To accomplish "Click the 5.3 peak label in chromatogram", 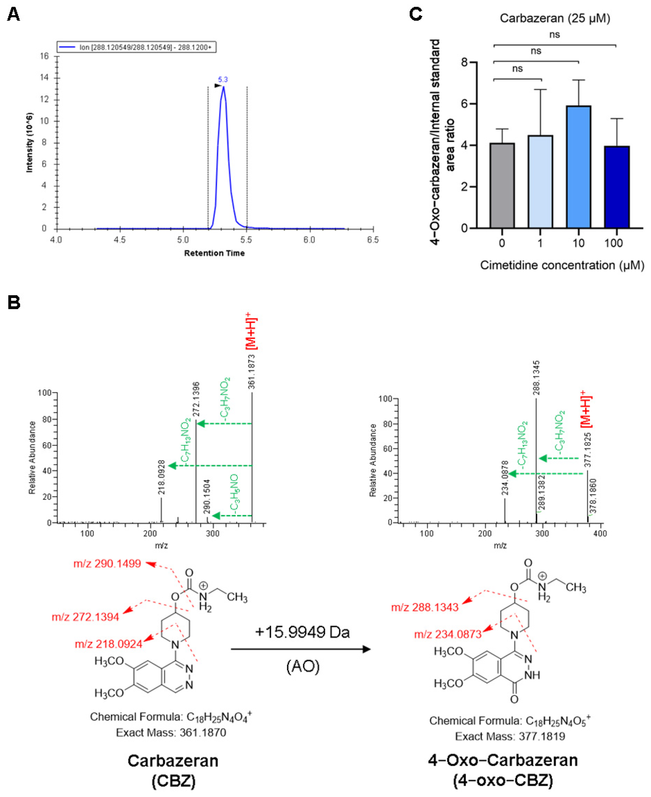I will pos(223,79).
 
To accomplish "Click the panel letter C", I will pos(416,14).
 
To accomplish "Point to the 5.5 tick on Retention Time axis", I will pos(246,239).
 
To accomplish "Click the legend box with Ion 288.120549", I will pos(137,47).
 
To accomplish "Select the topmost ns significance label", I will pos(554,35).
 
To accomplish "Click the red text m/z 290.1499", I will pos(107,564).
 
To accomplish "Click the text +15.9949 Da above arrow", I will pos(302,632).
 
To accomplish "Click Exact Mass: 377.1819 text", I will pos(510,736).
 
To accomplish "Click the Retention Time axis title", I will pos(214,253).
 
